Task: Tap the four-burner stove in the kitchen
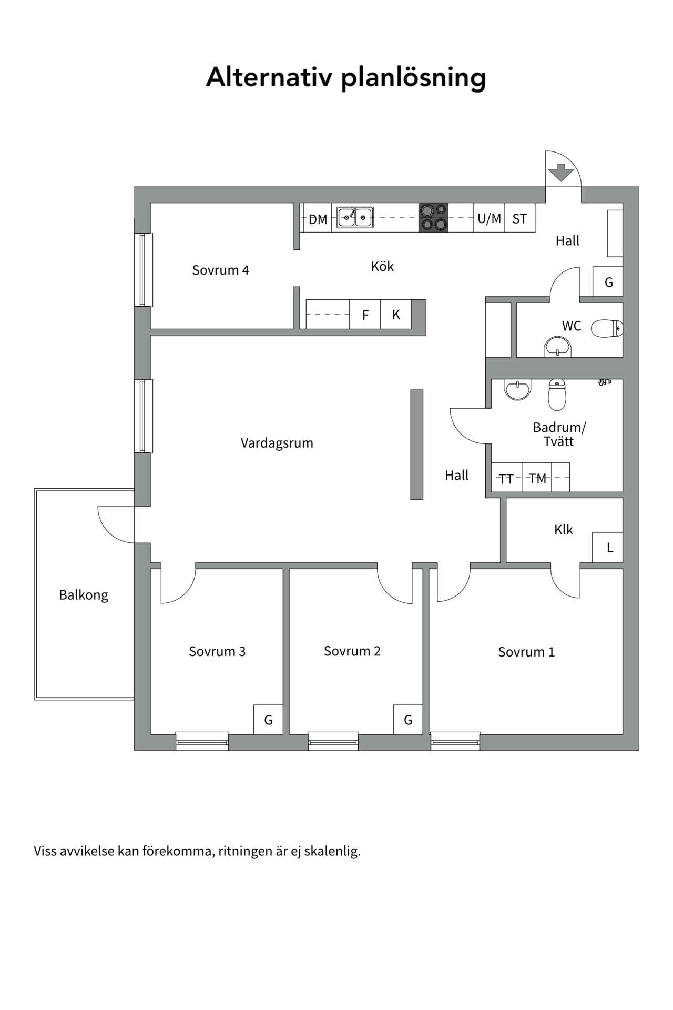pos(433,217)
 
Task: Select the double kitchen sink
pos(355,217)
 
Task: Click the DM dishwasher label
pos(318,219)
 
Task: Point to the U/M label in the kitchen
pos(489,218)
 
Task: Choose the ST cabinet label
pos(519,219)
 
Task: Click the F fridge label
pos(365,315)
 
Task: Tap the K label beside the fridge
pos(396,315)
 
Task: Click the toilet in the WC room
pos(607,329)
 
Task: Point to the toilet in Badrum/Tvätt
pos(557,395)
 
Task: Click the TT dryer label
pos(506,479)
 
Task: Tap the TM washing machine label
pos(537,478)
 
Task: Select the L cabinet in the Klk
pos(608,548)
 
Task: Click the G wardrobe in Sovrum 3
pos(268,720)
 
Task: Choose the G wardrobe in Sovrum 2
pos(408,720)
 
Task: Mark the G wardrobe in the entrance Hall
pos(608,282)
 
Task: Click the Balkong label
pos(84,595)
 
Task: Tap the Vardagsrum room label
pos(277,443)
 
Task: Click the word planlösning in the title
pos(413,78)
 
